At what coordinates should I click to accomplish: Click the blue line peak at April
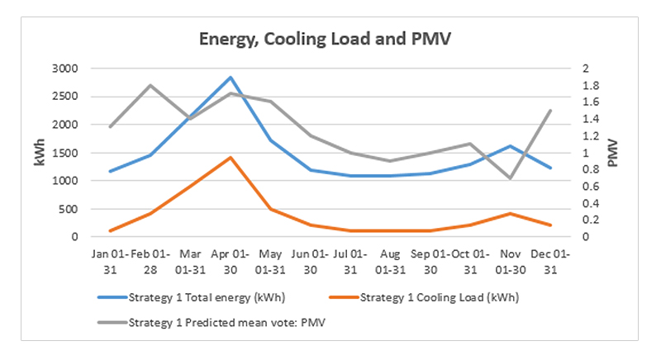[x=231, y=77]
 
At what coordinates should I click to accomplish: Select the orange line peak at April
[x=231, y=157]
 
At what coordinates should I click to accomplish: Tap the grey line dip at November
[x=511, y=178]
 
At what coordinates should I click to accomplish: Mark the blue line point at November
[x=511, y=146]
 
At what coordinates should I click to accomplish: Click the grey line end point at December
[x=550, y=110]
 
